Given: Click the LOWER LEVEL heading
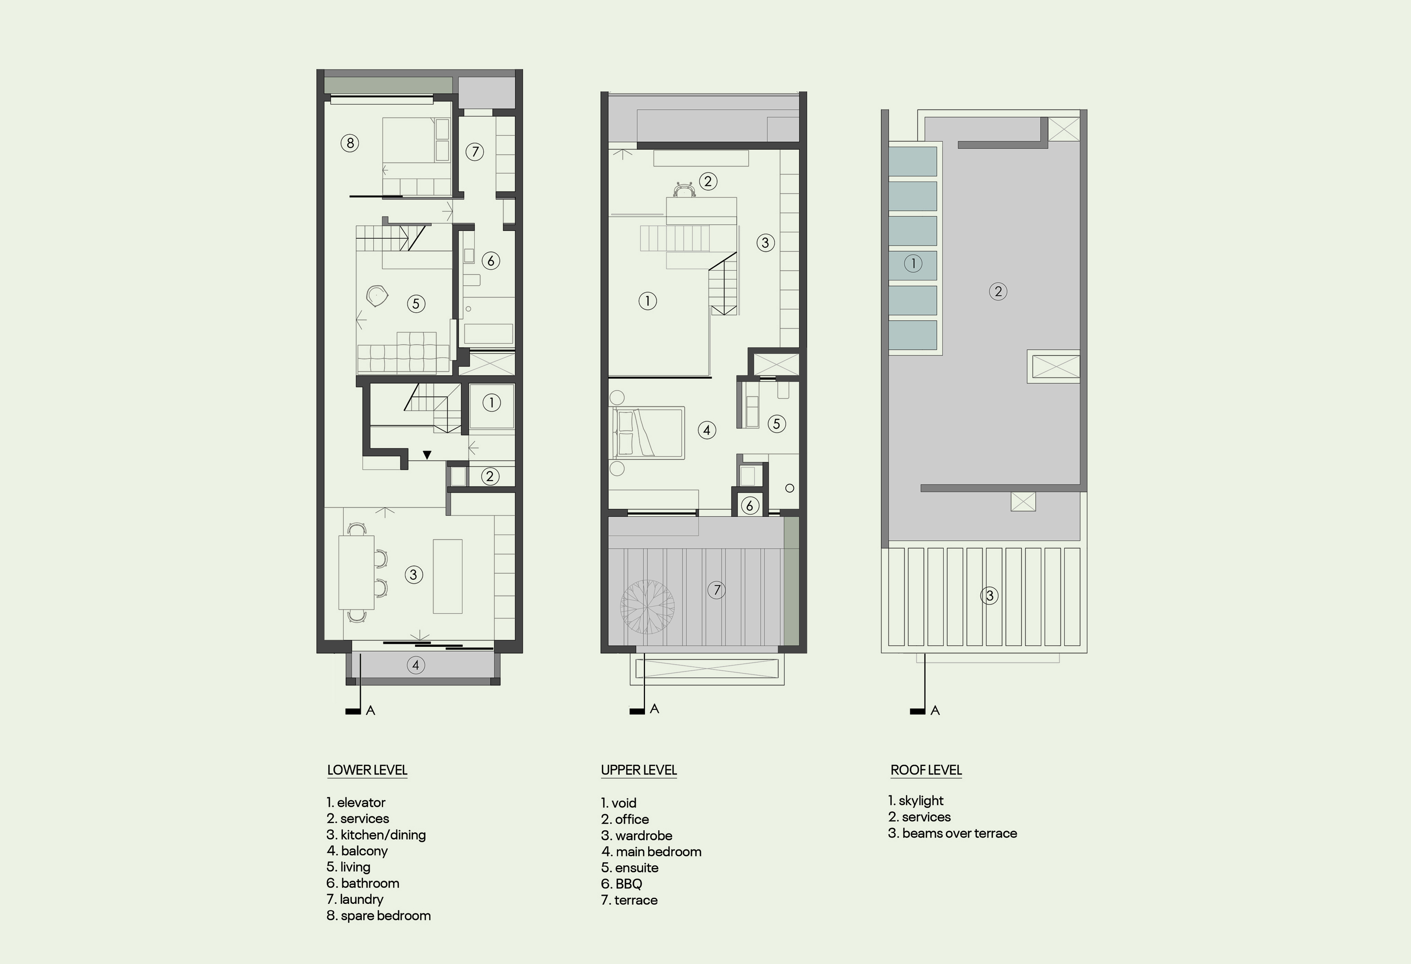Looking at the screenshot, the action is [367, 770].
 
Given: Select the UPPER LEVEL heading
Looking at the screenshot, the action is [639, 770].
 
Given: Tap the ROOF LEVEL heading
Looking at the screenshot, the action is [926, 770].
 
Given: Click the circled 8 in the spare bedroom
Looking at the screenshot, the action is [350, 143].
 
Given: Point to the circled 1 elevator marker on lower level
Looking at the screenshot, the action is [491, 402].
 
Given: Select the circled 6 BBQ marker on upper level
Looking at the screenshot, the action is [750, 505].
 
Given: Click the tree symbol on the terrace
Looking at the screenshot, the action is [647, 606].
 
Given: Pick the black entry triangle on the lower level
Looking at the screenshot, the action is [427, 455].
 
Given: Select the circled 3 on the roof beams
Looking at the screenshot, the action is [989, 595].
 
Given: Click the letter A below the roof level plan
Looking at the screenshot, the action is [935, 711].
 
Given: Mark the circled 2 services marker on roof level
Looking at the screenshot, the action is [998, 291].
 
